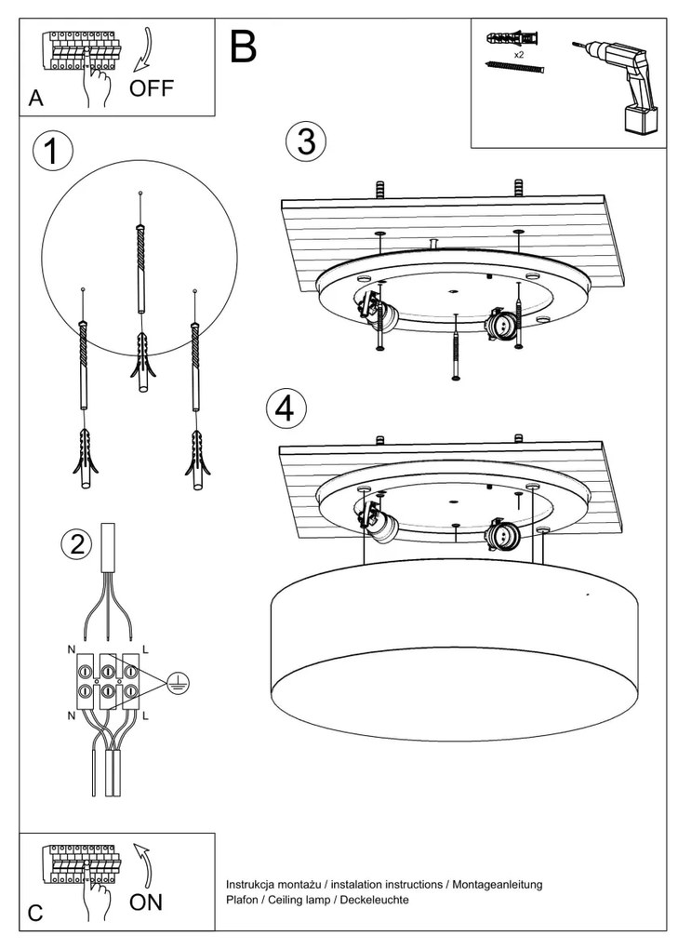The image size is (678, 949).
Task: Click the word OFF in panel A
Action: click(152, 88)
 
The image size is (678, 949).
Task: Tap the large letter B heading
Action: click(243, 47)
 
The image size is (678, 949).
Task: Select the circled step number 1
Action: click(53, 153)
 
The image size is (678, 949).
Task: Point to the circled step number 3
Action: click(305, 141)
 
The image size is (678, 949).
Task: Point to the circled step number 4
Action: click(286, 407)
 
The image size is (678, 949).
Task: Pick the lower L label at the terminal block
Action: click(146, 716)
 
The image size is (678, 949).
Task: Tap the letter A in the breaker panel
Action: click(36, 100)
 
